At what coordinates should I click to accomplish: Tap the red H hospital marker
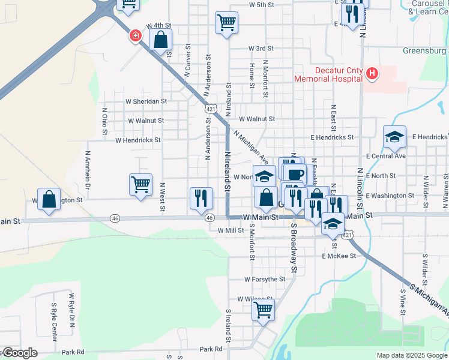click(372, 74)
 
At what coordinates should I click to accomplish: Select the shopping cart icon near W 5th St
click(226, 23)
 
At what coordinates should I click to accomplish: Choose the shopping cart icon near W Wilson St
click(263, 311)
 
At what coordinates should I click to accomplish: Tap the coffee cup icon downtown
click(294, 174)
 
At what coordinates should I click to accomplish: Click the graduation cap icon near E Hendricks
click(395, 137)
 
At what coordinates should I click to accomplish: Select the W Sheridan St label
click(146, 101)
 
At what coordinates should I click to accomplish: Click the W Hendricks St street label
click(138, 140)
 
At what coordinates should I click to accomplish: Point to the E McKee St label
click(339, 256)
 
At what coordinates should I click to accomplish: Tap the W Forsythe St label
click(265, 279)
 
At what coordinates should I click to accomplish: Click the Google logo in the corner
click(19, 353)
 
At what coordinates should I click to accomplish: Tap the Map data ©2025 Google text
click(412, 355)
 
